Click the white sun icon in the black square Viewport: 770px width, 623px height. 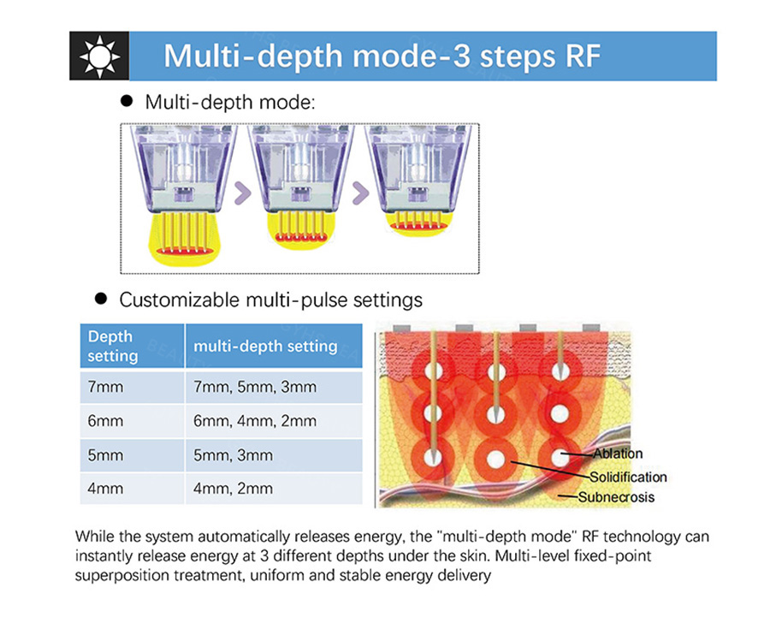(100, 56)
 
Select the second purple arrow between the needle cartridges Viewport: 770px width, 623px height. (360, 193)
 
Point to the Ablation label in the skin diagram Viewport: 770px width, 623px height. (618, 454)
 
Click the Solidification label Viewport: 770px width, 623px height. (628, 477)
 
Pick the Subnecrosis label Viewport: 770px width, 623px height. (616, 497)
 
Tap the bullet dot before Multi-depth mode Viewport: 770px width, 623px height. (127, 101)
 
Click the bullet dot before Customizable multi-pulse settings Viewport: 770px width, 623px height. (101, 298)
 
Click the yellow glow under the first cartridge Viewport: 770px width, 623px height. (185, 238)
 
